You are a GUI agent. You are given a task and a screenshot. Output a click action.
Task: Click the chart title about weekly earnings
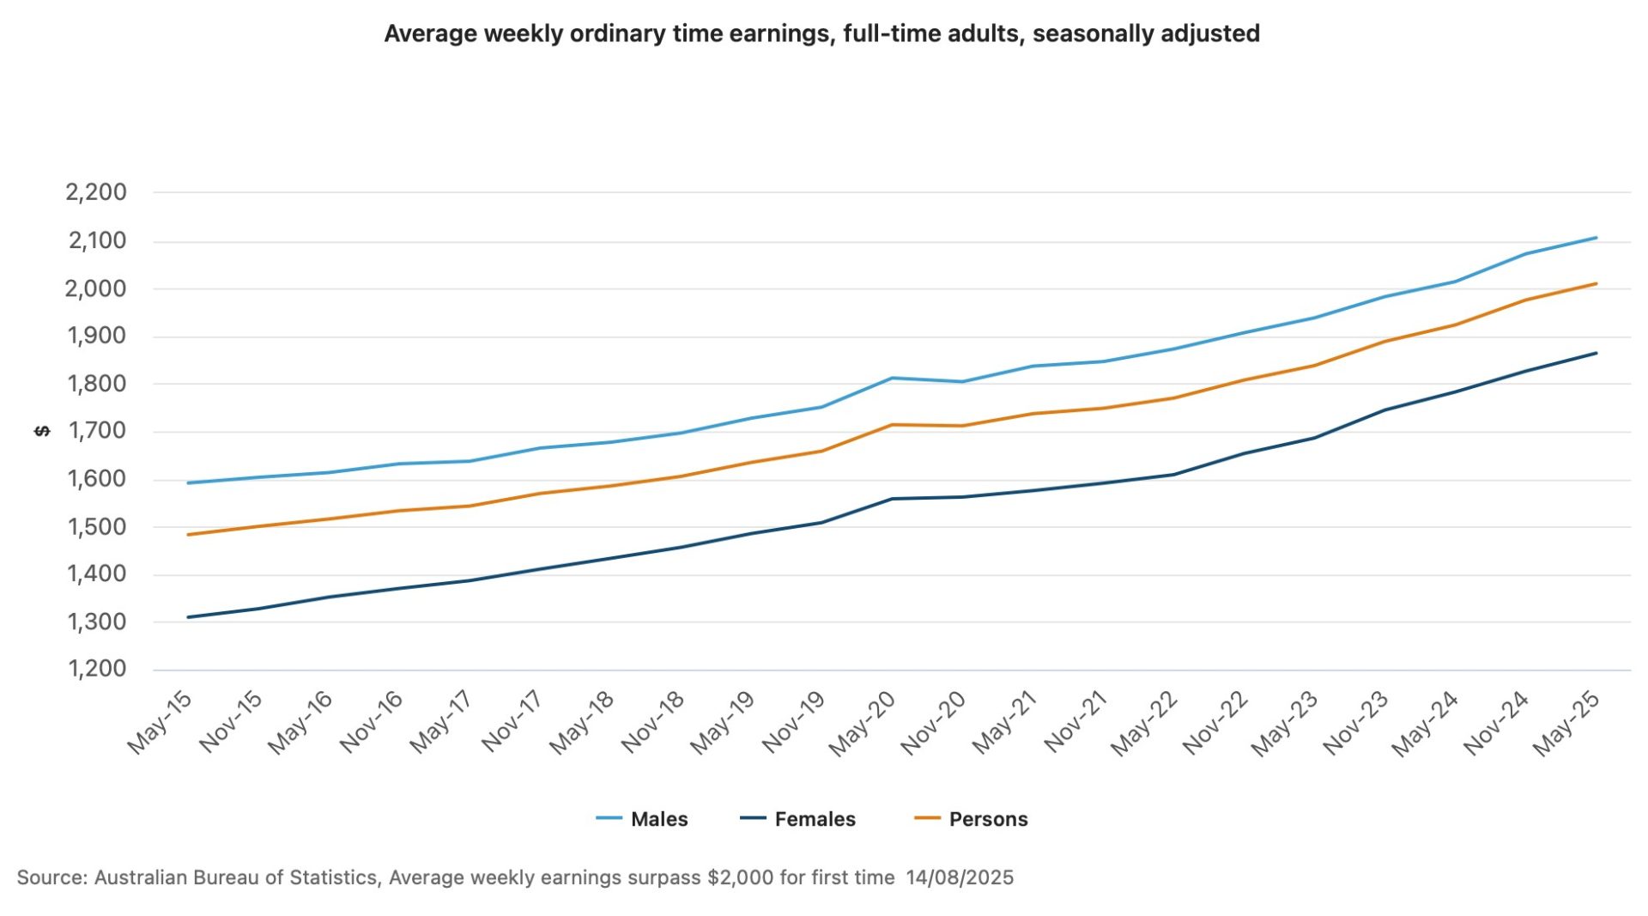[x=821, y=33]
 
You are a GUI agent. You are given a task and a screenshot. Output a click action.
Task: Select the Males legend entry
[x=658, y=819]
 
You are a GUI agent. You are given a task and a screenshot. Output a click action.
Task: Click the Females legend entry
[x=814, y=819]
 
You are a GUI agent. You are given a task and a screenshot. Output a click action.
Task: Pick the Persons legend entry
[x=987, y=819]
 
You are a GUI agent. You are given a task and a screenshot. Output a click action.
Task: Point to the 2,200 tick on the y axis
[x=96, y=192]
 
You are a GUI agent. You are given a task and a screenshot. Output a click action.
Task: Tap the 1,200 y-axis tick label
[x=97, y=669]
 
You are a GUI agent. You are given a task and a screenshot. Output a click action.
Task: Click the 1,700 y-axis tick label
[x=97, y=431]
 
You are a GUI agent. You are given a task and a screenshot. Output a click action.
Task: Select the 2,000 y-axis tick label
[x=96, y=288]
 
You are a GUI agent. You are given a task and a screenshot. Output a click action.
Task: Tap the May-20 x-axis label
[x=863, y=723]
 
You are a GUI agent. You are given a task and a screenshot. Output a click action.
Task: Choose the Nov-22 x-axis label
[x=1215, y=723]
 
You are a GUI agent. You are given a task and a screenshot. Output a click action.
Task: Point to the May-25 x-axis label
[x=1567, y=723]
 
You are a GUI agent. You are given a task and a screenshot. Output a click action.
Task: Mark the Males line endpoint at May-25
[x=1596, y=237]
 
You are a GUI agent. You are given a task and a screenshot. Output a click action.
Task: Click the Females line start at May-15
[x=188, y=617]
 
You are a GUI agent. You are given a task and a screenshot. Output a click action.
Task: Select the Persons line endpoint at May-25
[x=1596, y=283]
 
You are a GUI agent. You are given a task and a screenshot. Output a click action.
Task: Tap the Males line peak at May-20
[x=893, y=378]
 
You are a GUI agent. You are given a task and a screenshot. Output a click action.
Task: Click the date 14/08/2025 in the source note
[x=960, y=877]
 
